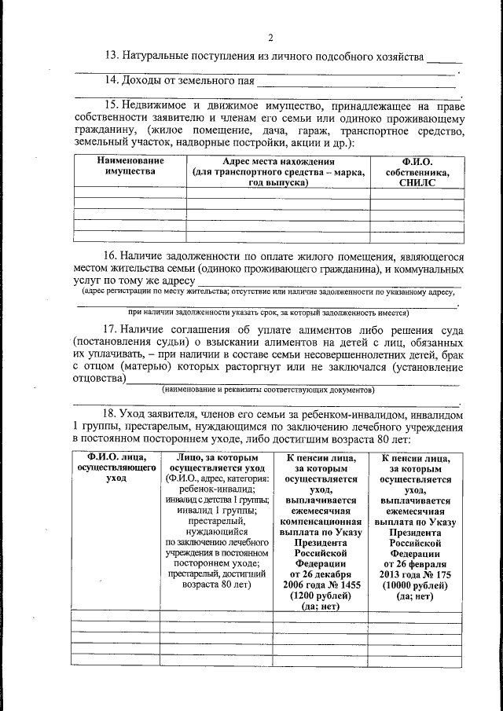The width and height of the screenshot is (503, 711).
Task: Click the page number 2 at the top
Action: click(270, 38)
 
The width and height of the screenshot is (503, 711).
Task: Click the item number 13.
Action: click(112, 56)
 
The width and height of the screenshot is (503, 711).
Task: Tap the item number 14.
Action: click(112, 80)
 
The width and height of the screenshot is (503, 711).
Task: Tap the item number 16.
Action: click(112, 256)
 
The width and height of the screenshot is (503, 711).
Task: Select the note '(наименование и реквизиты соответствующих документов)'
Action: click(267, 390)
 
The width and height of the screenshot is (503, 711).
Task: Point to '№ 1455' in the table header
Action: click(336, 585)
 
